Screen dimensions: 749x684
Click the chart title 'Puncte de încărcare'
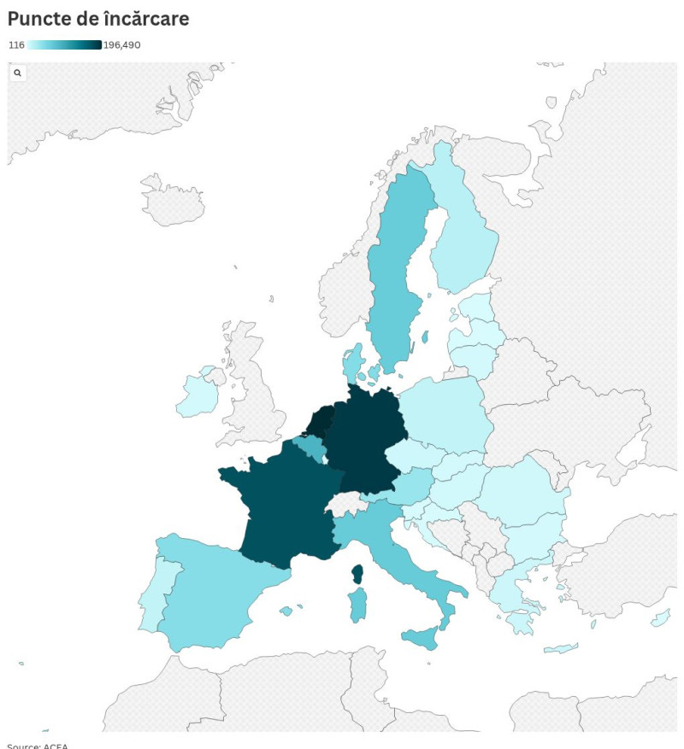tap(98, 18)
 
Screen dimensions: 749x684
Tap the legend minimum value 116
tap(16, 45)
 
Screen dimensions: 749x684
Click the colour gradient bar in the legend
tap(64, 45)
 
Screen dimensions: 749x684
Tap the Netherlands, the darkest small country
tap(320, 421)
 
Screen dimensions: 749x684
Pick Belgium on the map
tap(310, 446)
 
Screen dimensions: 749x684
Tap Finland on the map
tap(462, 231)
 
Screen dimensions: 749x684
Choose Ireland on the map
tap(198, 395)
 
